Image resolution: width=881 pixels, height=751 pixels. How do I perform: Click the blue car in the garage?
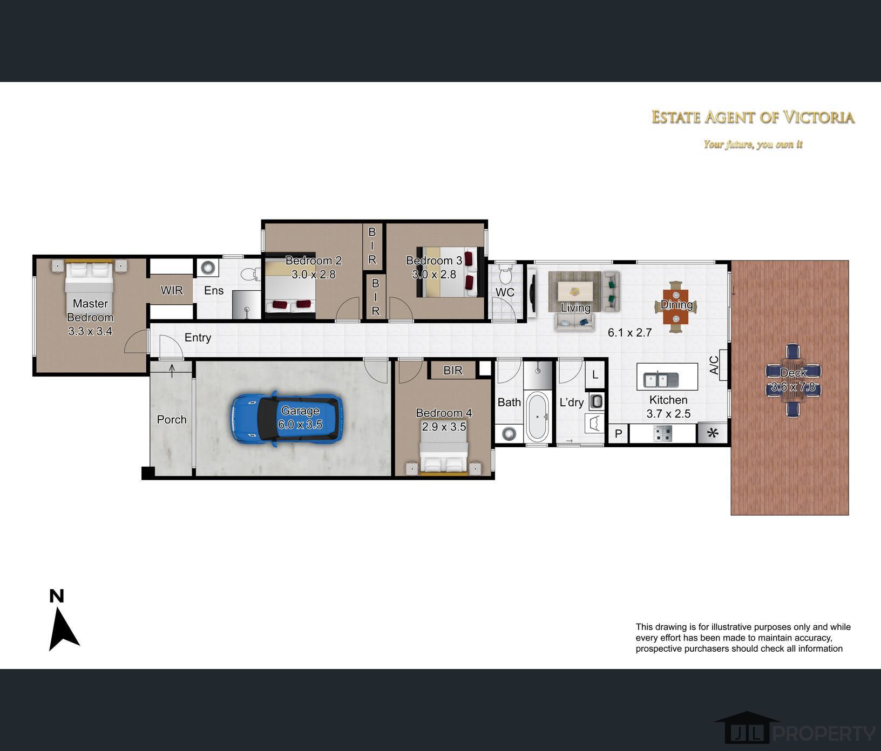click(x=287, y=418)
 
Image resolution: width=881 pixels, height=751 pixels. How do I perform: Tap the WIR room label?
click(x=172, y=290)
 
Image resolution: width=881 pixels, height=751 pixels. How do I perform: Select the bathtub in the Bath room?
click(x=538, y=417)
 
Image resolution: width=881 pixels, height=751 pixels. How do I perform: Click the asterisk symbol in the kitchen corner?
click(x=713, y=433)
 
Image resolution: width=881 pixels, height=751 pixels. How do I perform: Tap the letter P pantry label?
click(x=619, y=433)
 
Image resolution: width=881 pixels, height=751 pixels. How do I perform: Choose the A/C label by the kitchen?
click(x=714, y=365)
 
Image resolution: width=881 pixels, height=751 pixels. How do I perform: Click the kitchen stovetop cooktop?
click(x=663, y=433)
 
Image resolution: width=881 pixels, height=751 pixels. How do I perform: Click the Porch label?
click(x=172, y=419)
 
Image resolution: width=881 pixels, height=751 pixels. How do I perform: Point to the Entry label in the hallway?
click(x=198, y=338)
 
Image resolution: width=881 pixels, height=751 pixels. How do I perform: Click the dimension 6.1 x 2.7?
click(x=630, y=332)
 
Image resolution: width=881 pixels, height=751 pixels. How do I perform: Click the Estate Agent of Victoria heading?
click(x=753, y=117)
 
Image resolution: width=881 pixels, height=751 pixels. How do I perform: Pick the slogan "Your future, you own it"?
click(x=753, y=144)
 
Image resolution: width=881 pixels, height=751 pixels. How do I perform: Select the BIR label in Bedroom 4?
click(x=453, y=370)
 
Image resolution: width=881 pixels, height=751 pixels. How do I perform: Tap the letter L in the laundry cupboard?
click(x=595, y=374)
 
